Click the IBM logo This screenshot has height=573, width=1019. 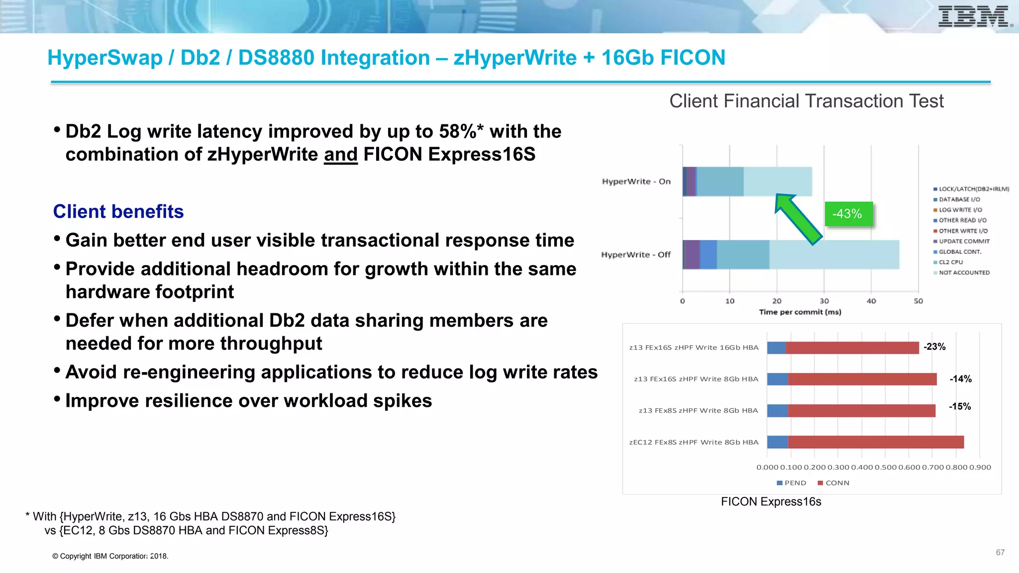point(974,17)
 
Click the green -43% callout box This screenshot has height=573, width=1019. point(848,214)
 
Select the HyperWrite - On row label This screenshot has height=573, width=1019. point(636,182)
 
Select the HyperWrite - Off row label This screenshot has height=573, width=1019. point(635,255)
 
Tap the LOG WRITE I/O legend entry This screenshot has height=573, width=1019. point(960,210)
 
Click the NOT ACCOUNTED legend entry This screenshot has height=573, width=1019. point(964,273)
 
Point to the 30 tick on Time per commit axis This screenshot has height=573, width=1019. point(824,301)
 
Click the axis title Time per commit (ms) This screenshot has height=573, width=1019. point(800,312)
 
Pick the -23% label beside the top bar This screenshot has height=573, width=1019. point(934,347)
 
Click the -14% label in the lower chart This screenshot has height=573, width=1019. point(960,379)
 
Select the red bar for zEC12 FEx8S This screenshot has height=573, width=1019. point(876,442)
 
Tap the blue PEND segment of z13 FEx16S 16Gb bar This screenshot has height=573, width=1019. point(776,348)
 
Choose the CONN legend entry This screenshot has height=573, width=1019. point(836,483)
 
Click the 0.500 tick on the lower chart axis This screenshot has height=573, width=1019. point(885,468)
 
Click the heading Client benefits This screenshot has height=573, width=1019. point(118,212)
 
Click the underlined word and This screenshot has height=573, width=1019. point(341,155)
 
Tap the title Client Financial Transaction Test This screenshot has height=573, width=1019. point(806,101)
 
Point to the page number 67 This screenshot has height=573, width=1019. point(1000,553)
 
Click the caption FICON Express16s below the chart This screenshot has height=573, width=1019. point(771,502)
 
